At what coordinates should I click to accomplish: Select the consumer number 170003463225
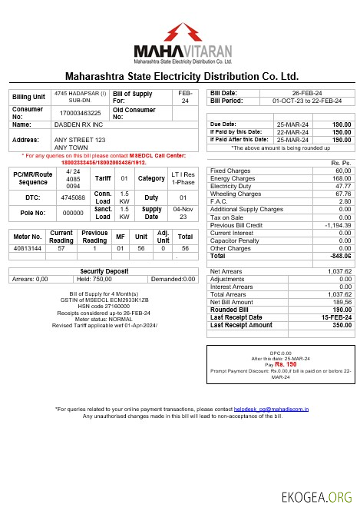click(80, 112)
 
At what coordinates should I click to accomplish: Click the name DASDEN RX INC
click(74, 124)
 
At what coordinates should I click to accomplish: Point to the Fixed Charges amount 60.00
click(342, 171)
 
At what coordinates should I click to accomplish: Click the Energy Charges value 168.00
click(341, 178)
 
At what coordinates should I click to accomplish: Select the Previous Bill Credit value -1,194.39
click(335, 224)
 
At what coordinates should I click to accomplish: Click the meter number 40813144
click(27, 249)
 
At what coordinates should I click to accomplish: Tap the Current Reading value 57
click(61, 249)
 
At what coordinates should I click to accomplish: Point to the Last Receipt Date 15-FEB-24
click(335, 317)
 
